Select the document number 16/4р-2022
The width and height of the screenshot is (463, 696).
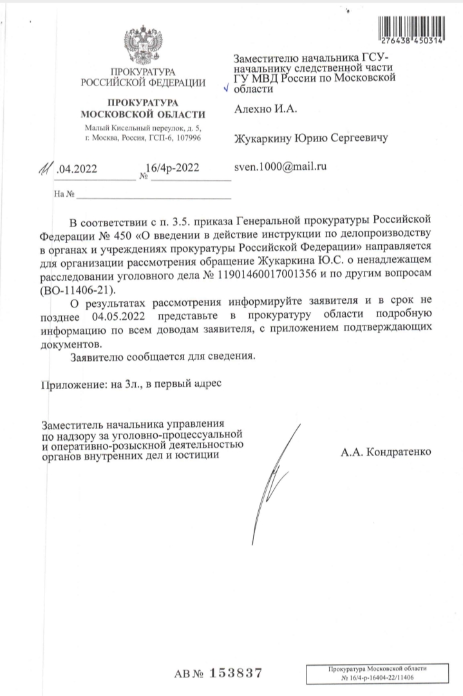pos(173,169)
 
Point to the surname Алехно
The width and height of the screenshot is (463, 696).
pos(252,110)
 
